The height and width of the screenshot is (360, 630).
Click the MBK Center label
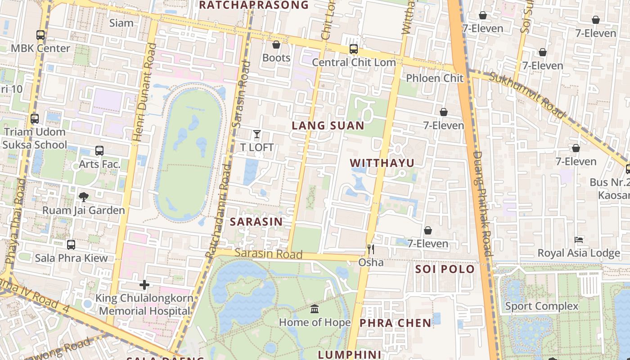(40, 48)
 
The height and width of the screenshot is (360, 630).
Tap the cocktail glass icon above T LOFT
(256, 134)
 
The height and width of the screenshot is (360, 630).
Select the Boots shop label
(276, 58)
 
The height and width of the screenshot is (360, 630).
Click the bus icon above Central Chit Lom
(354, 49)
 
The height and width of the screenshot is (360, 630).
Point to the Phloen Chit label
(434, 78)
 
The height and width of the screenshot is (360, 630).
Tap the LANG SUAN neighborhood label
(328, 126)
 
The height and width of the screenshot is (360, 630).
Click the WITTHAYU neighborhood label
(382, 163)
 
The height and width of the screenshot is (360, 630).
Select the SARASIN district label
(256, 221)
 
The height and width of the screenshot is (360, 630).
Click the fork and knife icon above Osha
(371, 249)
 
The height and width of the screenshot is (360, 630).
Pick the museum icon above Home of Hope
(315, 309)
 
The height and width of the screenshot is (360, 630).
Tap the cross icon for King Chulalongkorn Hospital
(144, 285)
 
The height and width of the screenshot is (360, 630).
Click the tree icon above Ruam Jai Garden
(83, 197)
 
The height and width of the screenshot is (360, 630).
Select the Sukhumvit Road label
(526, 95)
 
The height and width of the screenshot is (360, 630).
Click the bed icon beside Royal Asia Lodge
(579, 239)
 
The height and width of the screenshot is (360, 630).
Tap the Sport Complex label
(541, 306)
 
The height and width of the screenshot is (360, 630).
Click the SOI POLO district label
(445, 269)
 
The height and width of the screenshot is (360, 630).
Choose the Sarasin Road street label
(268, 254)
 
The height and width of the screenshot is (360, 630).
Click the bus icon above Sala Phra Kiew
(71, 245)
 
